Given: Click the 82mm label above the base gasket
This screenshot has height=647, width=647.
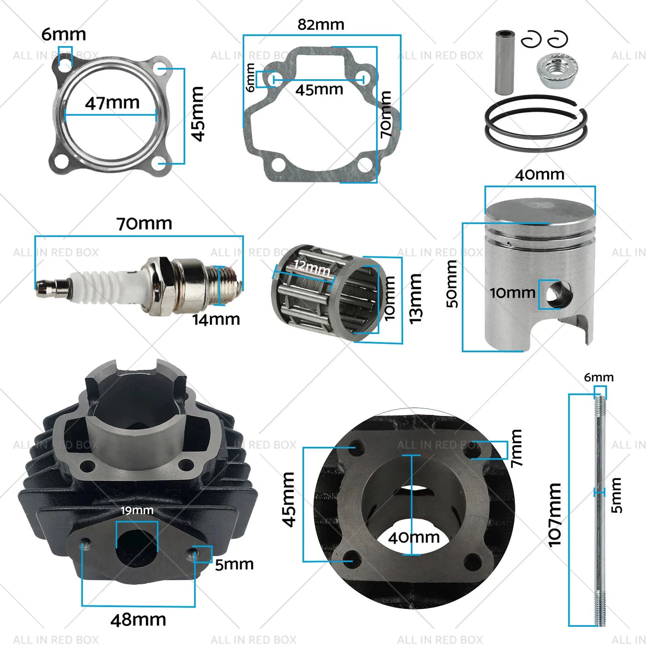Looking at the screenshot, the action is (x=321, y=25).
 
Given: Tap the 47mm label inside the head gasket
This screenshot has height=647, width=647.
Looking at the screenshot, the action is (x=112, y=103).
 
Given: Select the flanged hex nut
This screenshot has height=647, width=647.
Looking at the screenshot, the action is (x=557, y=71).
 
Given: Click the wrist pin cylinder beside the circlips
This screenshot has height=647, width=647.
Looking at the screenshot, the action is (x=505, y=62).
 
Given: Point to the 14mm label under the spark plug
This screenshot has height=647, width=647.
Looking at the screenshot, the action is (x=216, y=319).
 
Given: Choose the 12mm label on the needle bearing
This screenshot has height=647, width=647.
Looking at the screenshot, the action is (x=312, y=268).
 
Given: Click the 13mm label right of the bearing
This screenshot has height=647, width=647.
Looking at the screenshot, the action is (x=416, y=299).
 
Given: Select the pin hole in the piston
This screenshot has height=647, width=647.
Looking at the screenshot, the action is (x=558, y=295).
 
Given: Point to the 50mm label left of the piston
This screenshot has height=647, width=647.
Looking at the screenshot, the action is (x=452, y=284).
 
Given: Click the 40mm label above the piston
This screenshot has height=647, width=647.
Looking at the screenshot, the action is (x=540, y=175).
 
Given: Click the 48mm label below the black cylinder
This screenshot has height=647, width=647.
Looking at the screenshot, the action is (x=138, y=620).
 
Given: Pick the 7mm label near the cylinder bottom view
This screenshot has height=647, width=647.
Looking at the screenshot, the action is (x=516, y=448).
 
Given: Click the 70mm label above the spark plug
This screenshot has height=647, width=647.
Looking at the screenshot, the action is (x=144, y=223).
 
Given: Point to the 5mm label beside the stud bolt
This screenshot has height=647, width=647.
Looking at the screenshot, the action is (x=616, y=495).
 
